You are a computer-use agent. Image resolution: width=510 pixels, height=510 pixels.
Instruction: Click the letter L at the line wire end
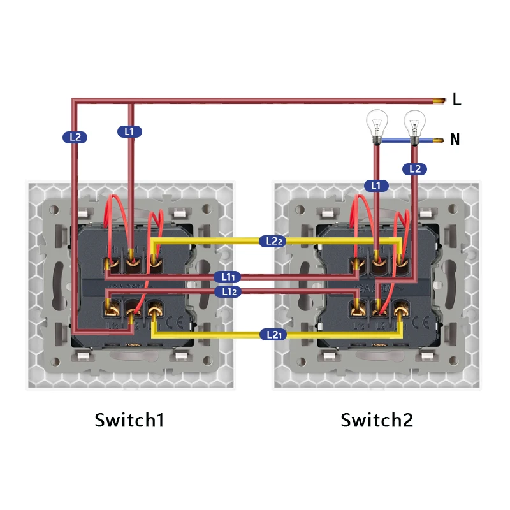click(x=456, y=99)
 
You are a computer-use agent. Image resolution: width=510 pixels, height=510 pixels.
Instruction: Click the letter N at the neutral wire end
click(x=455, y=140)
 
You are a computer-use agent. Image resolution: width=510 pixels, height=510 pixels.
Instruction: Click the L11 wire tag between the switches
click(x=227, y=277)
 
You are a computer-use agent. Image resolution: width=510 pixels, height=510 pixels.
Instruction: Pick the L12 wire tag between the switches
click(x=227, y=291)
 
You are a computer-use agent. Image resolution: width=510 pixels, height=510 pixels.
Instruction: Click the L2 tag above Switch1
click(x=75, y=136)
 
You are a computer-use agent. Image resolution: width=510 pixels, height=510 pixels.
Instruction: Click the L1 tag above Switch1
click(x=130, y=131)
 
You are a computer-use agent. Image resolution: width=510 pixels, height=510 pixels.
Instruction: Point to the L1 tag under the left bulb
click(x=376, y=186)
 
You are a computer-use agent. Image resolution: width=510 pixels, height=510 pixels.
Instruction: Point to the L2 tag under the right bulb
click(x=415, y=169)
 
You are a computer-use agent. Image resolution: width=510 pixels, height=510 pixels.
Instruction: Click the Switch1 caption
click(x=129, y=421)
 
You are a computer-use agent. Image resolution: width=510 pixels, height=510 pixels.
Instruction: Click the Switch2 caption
click(x=377, y=421)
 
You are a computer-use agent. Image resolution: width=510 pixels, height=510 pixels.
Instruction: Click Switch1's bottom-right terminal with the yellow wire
click(x=155, y=312)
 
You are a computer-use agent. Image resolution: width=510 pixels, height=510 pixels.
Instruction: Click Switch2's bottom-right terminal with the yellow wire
click(x=401, y=312)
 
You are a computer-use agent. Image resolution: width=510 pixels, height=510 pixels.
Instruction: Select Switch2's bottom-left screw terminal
click(x=357, y=312)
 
